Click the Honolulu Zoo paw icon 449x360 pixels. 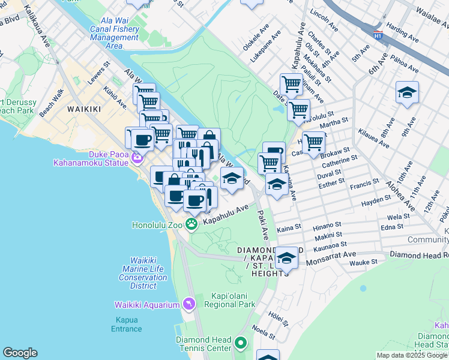coord(191,224)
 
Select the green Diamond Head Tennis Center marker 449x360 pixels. coord(241,344)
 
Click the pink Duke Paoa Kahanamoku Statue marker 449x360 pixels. coord(137,158)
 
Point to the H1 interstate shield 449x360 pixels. coord(378,35)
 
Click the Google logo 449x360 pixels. coord(20,353)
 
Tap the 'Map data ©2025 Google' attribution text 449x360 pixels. coord(412,355)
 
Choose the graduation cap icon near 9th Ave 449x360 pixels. coord(407,92)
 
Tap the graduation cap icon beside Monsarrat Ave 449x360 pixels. coord(286,258)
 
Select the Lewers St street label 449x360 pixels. coord(98,80)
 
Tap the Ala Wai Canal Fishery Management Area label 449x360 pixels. coord(115,37)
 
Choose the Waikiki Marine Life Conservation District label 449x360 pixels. coord(143,269)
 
